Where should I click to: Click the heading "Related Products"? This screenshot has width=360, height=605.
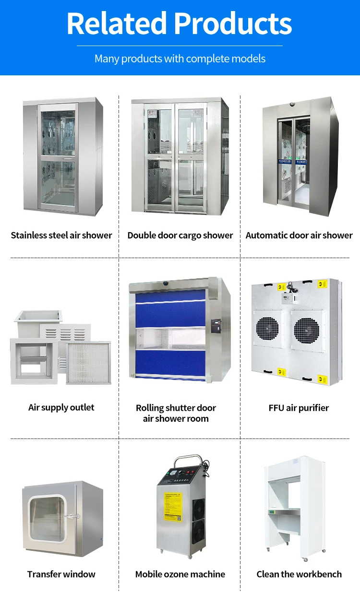coord(180,24)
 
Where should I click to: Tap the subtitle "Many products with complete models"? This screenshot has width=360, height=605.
coord(180,59)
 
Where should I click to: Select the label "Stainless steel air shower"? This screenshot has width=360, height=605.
coord(61,235)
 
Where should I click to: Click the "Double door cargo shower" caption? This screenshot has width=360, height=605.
coord(180,235)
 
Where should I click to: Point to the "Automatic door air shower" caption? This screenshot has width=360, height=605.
coord(299,235)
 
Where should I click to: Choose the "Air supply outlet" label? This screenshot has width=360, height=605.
coord(61,407)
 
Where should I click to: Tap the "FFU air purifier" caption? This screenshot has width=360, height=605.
coord(299,408)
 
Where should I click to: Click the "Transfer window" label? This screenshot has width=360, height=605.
coord(61,574)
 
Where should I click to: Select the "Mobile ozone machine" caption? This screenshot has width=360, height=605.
coord(180,574)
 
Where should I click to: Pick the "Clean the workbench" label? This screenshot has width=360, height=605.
coord(299,574)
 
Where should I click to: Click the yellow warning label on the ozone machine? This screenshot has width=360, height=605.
coord(173,506)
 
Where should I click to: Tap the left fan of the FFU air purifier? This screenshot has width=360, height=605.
coord(267,330)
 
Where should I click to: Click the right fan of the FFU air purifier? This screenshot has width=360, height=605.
coord(306,331)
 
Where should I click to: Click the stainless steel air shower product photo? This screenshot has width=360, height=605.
coord(63,157)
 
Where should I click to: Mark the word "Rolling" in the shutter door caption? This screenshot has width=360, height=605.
coord(149,408)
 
